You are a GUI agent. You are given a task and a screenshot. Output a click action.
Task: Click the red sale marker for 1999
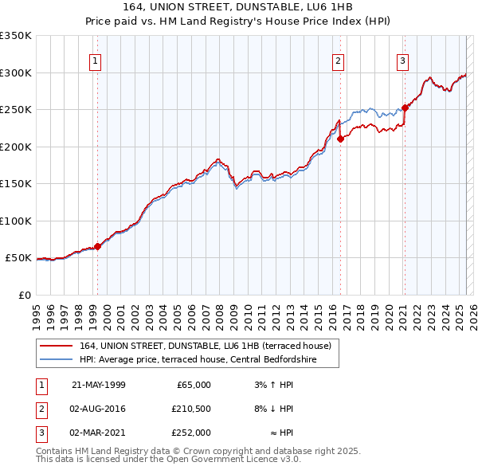(x=98, y=247)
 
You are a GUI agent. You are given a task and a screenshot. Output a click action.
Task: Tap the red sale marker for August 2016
(x=340, y=139)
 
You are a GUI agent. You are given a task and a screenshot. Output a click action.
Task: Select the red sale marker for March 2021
(x=405, y=108)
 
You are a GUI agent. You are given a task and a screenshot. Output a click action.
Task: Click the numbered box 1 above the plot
(x=95, y=61)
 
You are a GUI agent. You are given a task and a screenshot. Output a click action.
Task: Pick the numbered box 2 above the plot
(x=338, y=61)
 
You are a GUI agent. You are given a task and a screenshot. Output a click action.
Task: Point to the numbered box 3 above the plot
(x=402, y=61)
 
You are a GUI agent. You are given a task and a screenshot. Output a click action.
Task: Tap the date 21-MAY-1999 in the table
(x=99, y=385)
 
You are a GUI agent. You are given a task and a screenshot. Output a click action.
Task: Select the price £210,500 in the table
(x=191, y=409)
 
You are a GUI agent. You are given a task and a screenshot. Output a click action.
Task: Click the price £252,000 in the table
(x=191, y=433)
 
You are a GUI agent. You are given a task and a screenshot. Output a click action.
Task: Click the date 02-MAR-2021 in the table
(x=99, y=433)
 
